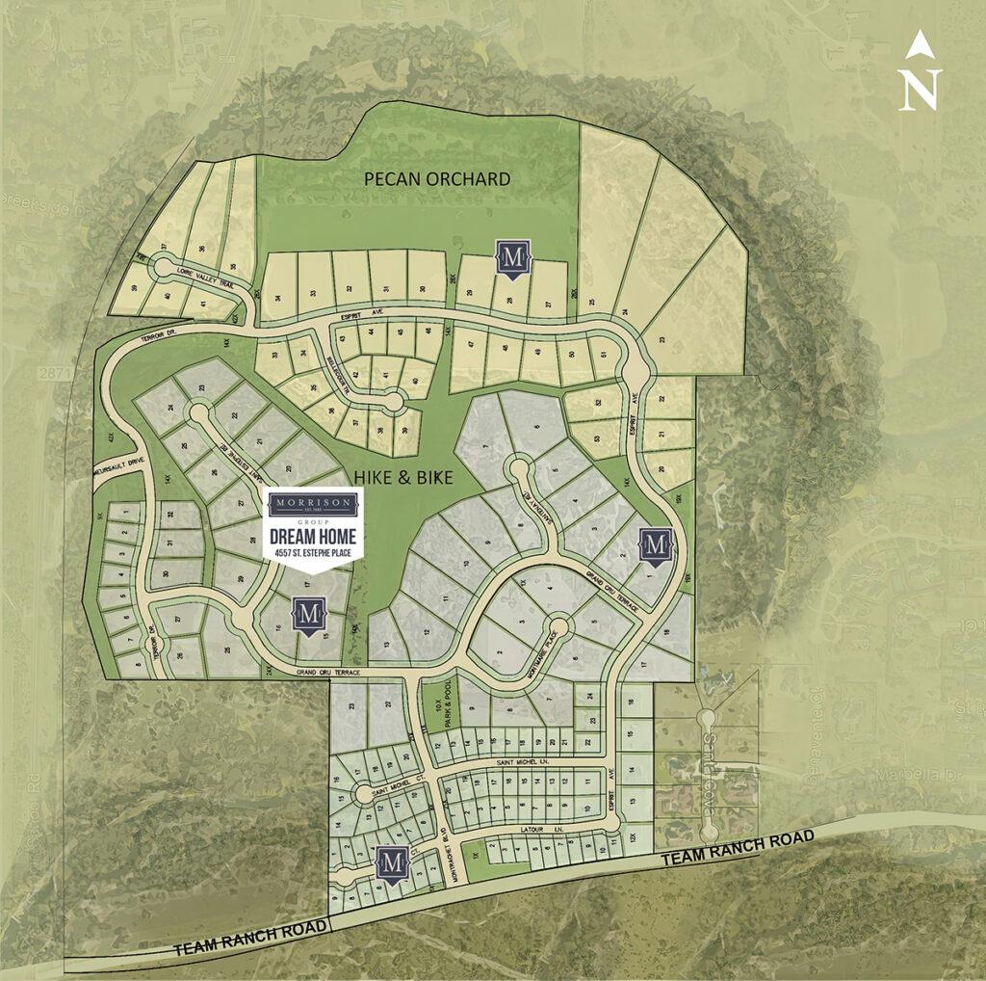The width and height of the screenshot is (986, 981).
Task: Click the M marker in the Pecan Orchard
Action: point(511,257)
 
